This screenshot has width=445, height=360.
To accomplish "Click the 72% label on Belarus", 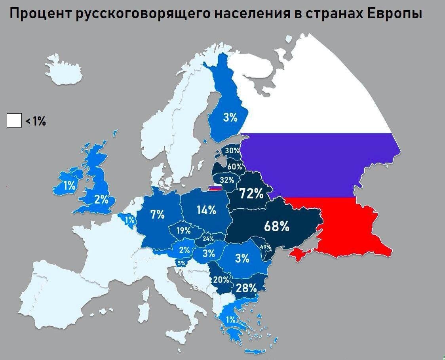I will click(251, 194).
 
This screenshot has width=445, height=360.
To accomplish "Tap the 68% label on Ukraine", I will click(277, 227).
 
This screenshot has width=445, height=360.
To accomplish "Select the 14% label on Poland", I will click(207, 210).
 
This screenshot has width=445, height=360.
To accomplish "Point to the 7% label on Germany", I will click(157, 215).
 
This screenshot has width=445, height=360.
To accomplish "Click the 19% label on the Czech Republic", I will click(184, 230).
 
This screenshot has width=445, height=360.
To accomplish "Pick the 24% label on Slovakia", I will click(208, 238).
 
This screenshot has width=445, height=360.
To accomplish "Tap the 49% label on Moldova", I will click(266, 248).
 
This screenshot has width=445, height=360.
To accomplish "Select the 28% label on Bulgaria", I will click(246, 288).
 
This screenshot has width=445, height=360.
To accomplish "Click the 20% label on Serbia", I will click(221, 279).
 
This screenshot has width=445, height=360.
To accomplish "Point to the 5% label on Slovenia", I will click(181, 263).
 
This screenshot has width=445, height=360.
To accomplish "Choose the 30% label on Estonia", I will click(232, 150).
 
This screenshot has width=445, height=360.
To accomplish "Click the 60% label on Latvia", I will click(234, 166).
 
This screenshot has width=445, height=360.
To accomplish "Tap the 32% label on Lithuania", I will click(227, 180).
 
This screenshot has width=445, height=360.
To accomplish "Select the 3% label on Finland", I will click(230, 117).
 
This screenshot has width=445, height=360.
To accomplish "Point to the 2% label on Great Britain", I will click(101, 199).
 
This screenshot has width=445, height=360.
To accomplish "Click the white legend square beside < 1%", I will click(14, 120).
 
